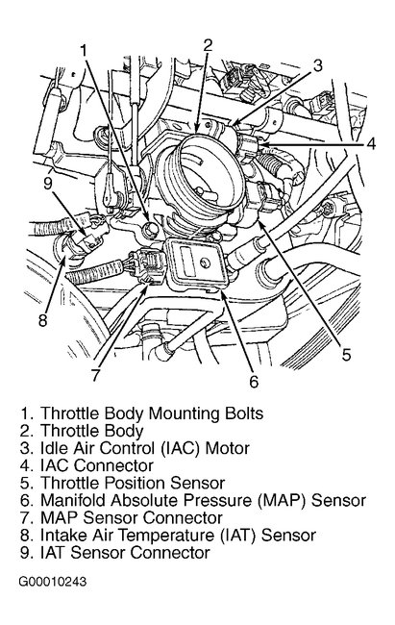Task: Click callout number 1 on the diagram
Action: click(x=84, y=51)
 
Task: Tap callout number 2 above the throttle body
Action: click(x=208, y=46)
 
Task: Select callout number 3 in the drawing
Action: click(x=317, y=65)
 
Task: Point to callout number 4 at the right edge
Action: click(x=371, y=143)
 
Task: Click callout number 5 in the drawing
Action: click(x=346, y=354)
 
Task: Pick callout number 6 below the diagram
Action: click(x=254, y=381)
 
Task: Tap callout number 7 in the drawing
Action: click(x=95, y=374)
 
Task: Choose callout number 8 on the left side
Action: click(x=42, y=319)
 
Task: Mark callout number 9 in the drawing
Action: click(x=48, y=184)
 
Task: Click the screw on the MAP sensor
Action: click(x=206, y=262)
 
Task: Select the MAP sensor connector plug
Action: click(x=147, y=266)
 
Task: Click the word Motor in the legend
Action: click(x=227, y=448)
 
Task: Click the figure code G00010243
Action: click(x=52, y=582)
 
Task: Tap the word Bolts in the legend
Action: click(x=244, y=412)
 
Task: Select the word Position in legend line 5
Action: click(x=136, y=483)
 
